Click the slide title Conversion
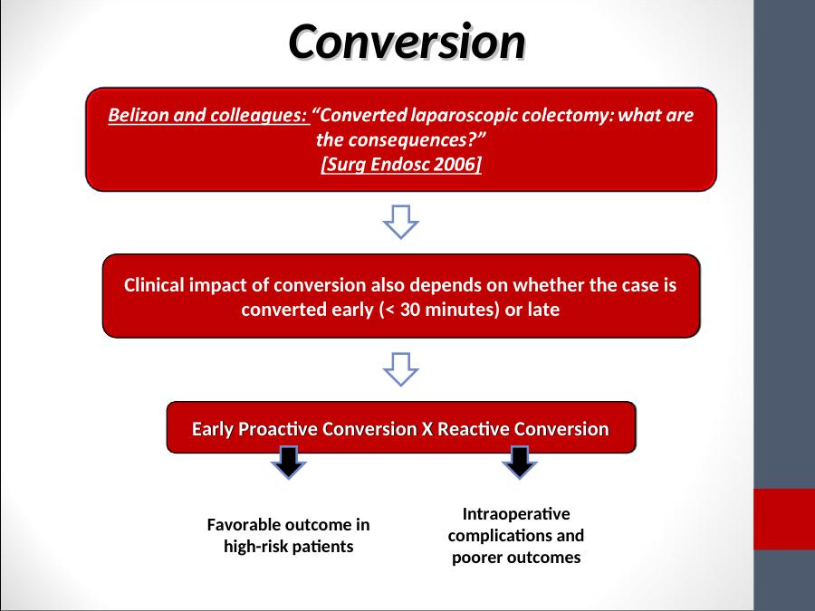tap(407, 42)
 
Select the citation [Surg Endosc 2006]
tap(401, 164)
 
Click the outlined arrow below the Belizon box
tap(401, 222)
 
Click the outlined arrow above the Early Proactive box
tap(401, 369)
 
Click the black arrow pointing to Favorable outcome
tap(289, 462)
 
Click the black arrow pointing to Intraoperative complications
tap(519, 462)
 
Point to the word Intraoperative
tap(516, 514)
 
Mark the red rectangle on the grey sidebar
tap(784, 519)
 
